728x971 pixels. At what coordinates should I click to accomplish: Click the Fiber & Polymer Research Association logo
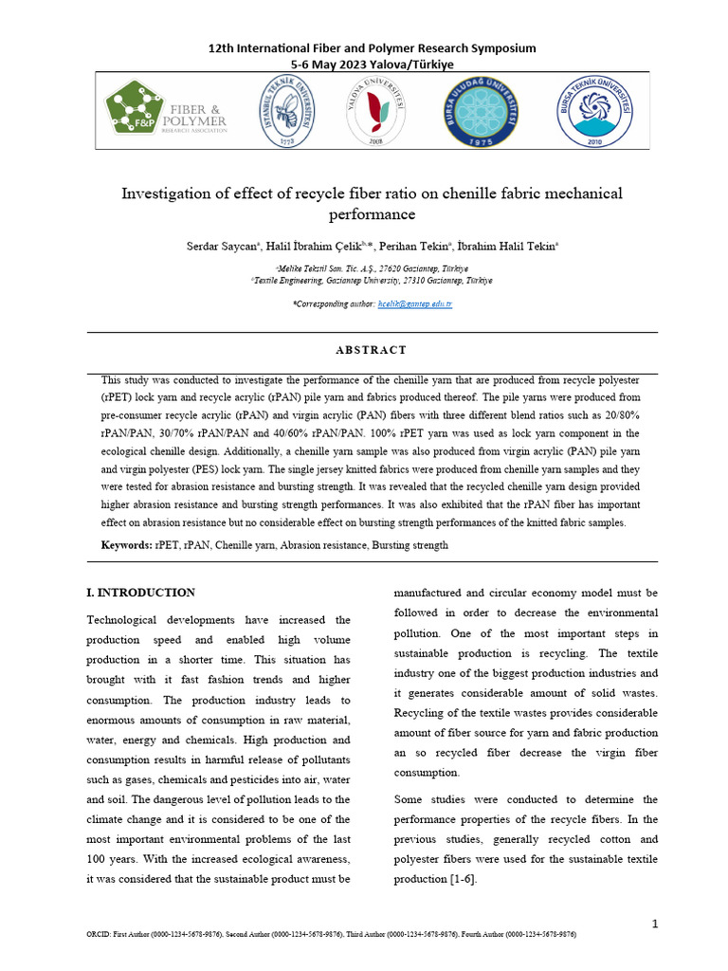click(167, 112)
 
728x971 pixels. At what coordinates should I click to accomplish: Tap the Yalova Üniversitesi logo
click(376, 112)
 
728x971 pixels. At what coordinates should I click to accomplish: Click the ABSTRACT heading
click(372, 350)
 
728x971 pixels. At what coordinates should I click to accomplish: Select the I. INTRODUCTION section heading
click(141, 593)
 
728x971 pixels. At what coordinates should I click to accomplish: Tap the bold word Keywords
click(126, 546)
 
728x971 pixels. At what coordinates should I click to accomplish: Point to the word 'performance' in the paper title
click(372, 215)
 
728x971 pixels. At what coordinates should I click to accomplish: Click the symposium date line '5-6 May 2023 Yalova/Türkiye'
click(372, 64)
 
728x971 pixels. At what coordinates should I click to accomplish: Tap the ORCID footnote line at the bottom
click(331, 935)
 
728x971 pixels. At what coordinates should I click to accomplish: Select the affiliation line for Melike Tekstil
click(372, 269)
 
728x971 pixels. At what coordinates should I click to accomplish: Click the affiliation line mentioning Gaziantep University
click(372, 281)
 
